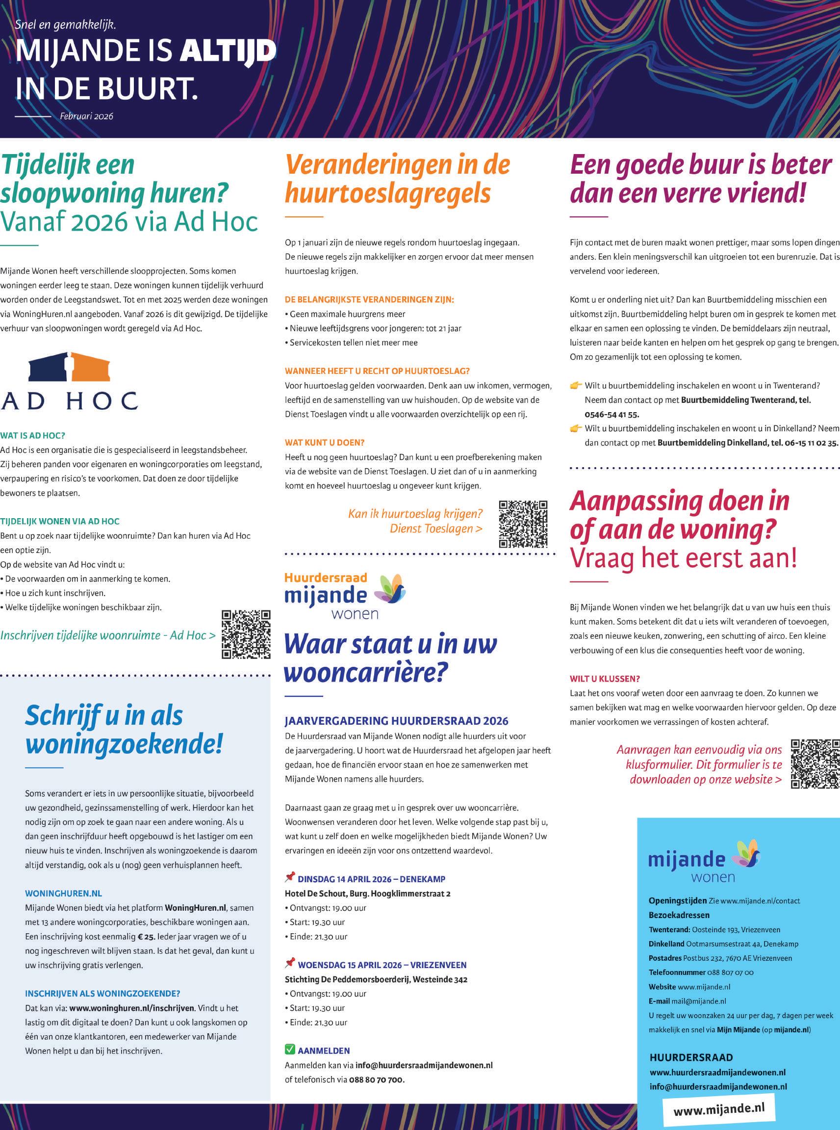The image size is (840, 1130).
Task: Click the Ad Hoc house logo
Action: (x=69, y=367)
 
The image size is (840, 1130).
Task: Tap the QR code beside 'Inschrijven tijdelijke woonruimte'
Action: (x=246, y=634)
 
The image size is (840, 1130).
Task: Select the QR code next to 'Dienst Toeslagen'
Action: (x=523, y=524)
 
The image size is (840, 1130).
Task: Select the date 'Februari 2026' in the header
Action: (x=86, y=116)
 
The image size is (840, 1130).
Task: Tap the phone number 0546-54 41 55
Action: (x=611, y=414)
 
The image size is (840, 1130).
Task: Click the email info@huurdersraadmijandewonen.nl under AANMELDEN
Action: (x=424, y=1065)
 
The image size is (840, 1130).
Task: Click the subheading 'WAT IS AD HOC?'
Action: (x=33, y=436)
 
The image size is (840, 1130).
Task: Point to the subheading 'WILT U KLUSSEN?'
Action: (x=605, y=679)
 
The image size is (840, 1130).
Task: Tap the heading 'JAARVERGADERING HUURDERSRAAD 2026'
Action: (x=396, y=720)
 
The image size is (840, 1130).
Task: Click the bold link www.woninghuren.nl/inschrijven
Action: (x=132, y=1008)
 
